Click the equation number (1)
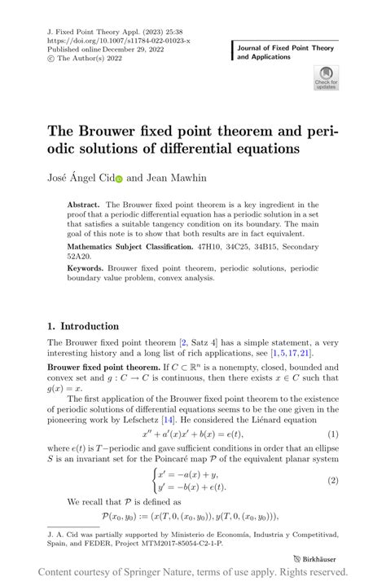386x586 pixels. pyautogui.click(x=333, y=436)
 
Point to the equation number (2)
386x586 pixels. pyautogui.click(x=333, y=480)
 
